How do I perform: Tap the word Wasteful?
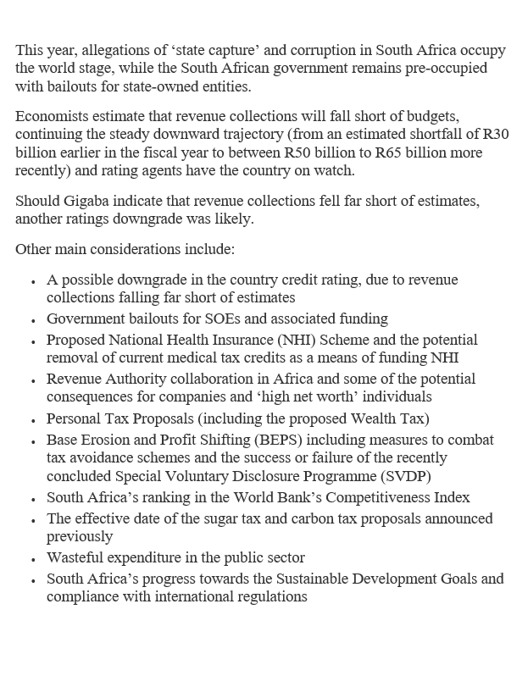(75, 557)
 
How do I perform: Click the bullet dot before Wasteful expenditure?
(32, 559)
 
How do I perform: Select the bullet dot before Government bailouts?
(32, 320)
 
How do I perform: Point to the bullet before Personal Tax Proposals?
(32, 420)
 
